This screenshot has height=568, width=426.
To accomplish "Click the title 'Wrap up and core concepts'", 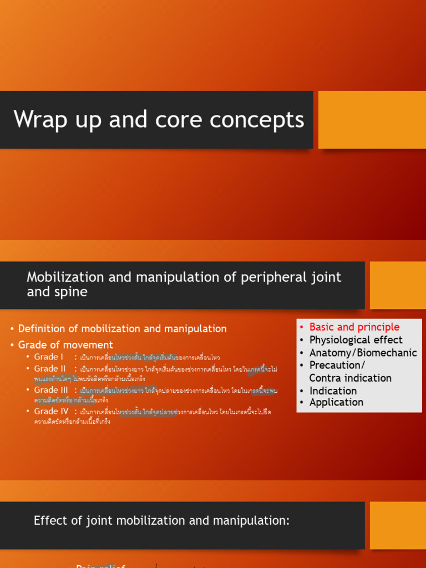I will (x=159, y=120).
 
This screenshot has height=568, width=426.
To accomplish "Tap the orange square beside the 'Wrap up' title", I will (x=372, y=120).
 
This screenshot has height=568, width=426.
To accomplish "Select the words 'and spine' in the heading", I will (x=57, y=292).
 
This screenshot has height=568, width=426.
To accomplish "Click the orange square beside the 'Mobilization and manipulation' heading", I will (x=398, y=285).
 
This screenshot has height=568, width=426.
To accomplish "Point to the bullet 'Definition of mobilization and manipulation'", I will (x=123, y=329).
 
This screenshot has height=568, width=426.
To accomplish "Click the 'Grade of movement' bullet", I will (x=65, y=345).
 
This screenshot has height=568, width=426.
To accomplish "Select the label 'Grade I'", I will (x=49, y=357).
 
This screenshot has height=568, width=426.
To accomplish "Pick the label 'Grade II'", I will (x=50, y=369).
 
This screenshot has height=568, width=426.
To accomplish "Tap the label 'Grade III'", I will (x=51, y=390).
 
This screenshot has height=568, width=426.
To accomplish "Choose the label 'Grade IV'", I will (x=51, y=411).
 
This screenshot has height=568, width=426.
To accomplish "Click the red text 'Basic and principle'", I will (x=354, y=327).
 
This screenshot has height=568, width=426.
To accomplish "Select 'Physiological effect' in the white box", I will (x=356, y=340).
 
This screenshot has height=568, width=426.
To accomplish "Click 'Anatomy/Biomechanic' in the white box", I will (x=363, y=353).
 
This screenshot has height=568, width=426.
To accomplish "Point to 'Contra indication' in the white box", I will (x=351, y=378).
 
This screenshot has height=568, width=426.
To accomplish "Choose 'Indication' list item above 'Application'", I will (x=333, y=390).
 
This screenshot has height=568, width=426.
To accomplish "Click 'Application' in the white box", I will (x=336, y=403).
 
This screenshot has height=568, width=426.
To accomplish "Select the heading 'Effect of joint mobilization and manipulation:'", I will (x=162, y=520).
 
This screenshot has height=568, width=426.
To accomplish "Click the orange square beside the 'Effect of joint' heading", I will (x=398, y=525).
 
